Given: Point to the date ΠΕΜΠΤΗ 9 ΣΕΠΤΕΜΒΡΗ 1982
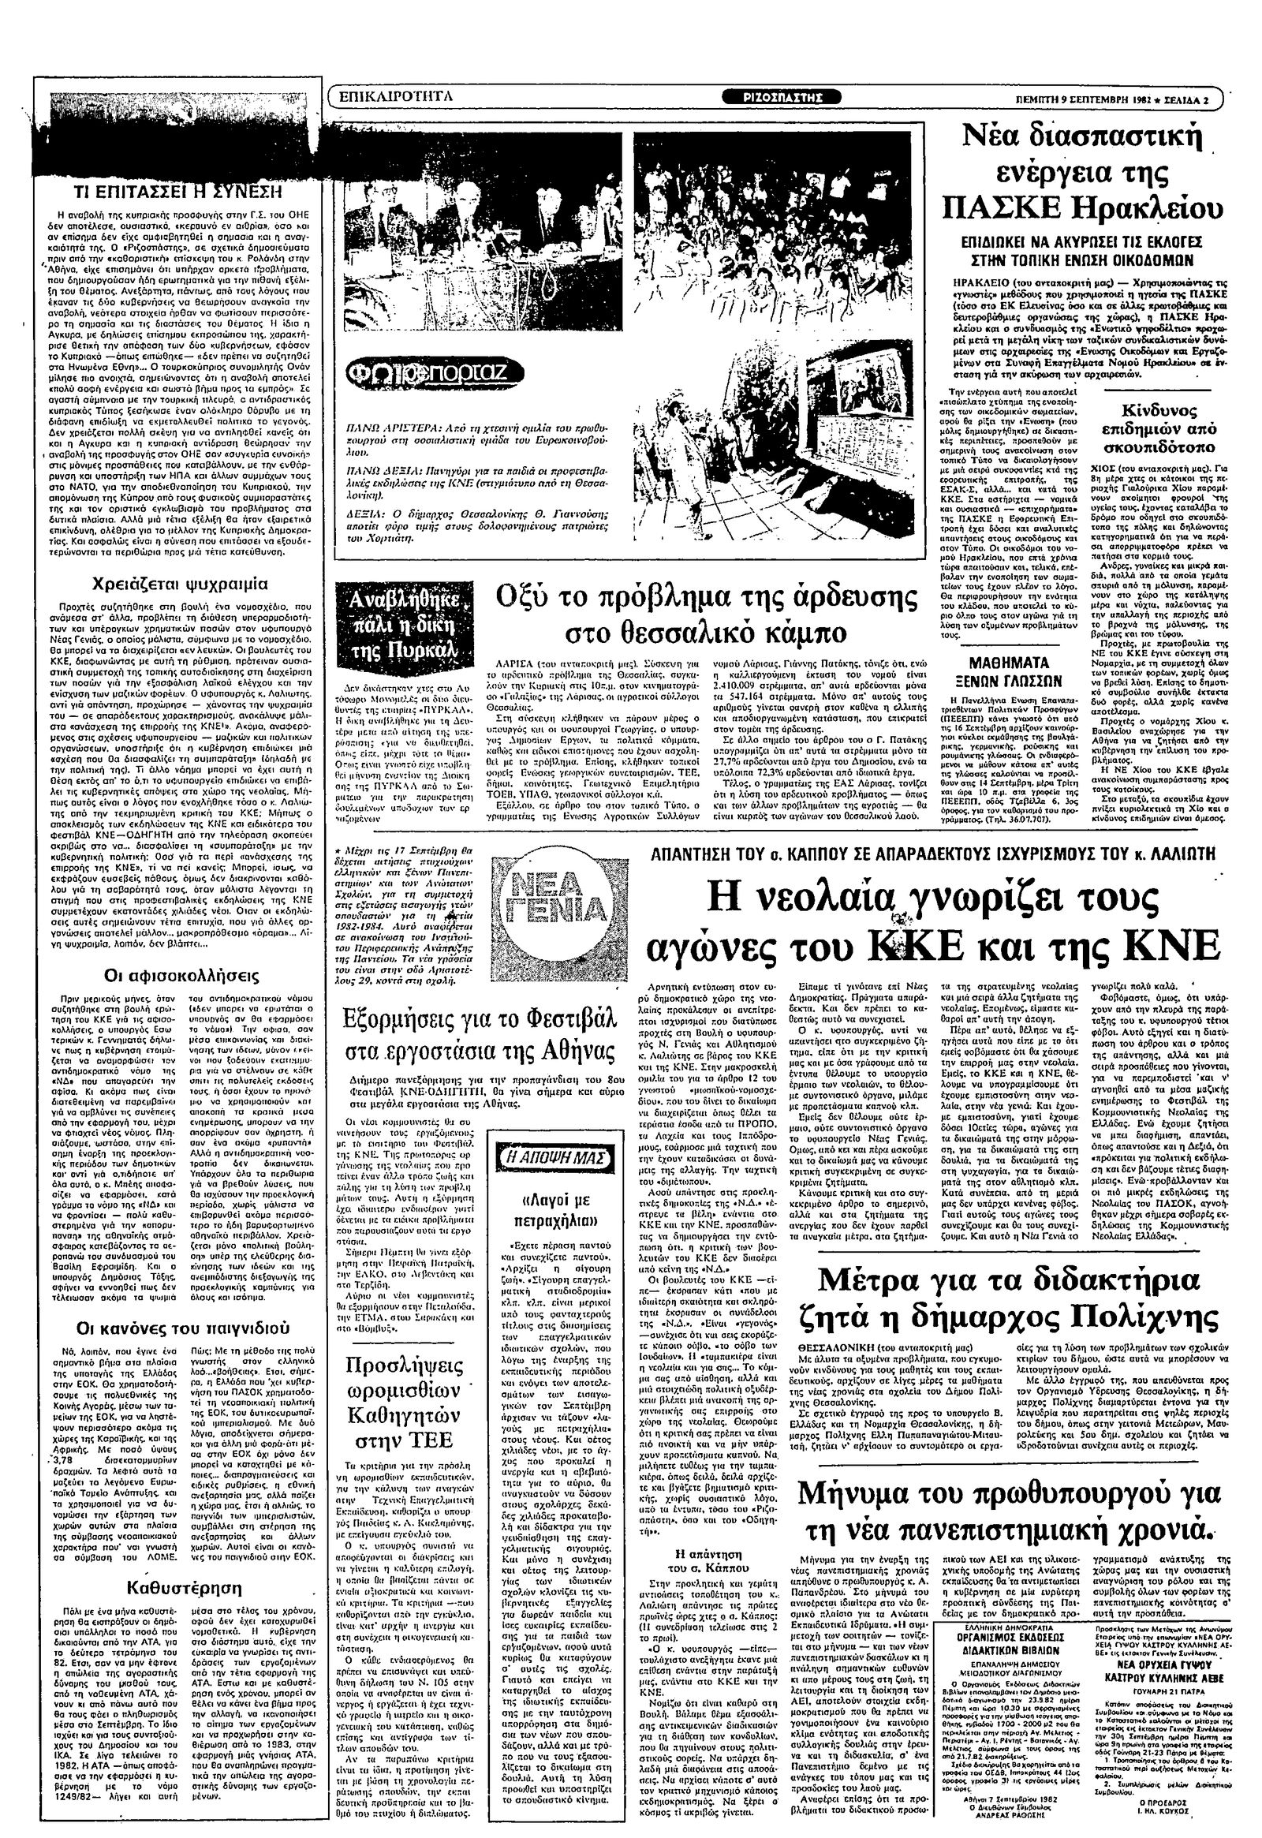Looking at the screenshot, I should [1100, 99].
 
